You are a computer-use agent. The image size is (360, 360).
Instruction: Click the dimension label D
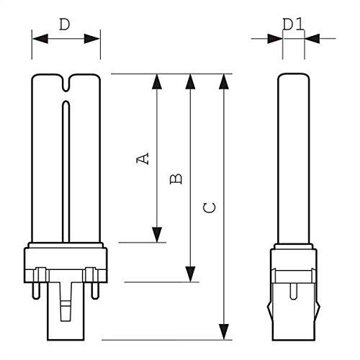point(65,24)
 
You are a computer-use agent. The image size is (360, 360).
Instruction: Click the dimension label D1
point(292,24)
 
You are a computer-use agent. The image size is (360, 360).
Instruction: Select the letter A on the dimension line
point(144,158)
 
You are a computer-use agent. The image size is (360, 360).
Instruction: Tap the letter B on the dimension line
point(175,178)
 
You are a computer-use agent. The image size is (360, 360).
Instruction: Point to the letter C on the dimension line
point(209,208)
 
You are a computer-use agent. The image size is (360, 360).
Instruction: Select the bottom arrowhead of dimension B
point(190,274)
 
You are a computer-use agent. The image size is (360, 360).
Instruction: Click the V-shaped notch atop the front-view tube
point(66,85)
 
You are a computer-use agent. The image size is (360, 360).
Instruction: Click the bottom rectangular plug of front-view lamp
point(66,313)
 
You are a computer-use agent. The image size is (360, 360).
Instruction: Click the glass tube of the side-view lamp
point(292,158)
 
